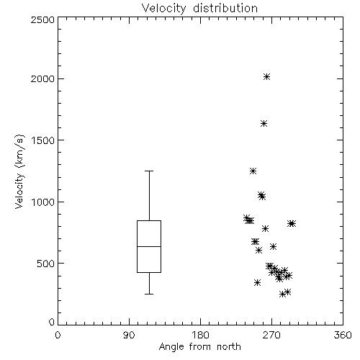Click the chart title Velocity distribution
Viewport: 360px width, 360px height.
click(199, 9)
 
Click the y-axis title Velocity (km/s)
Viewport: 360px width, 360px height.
click(19, 171)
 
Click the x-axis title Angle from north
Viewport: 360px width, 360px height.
click(199, 347)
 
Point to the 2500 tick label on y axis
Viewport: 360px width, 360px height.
click(42, 19)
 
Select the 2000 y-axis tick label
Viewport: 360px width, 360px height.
click(42, 78)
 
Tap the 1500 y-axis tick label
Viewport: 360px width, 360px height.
click(43, 140)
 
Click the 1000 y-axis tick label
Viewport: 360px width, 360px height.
click(43, 202)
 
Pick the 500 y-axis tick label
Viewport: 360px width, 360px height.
click(46, 264)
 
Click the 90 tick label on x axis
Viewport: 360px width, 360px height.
click(129, 335)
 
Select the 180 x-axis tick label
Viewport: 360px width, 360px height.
click(200, 335)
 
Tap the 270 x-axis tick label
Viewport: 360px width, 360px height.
click(271, 335)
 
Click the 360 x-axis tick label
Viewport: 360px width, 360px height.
click(343, 335)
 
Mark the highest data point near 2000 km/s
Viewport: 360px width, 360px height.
click(266, 77)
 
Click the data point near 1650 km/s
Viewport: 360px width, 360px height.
click(264, 124)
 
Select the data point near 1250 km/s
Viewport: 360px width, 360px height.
click(253, 171)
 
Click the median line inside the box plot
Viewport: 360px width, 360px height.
click(149, 246)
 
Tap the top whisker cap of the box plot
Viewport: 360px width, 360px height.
click(149, 171)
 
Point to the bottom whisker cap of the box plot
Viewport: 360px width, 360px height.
click(149, 294)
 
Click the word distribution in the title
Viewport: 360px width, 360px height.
click(225, 9)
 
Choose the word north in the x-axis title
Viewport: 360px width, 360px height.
click(229, 347)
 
